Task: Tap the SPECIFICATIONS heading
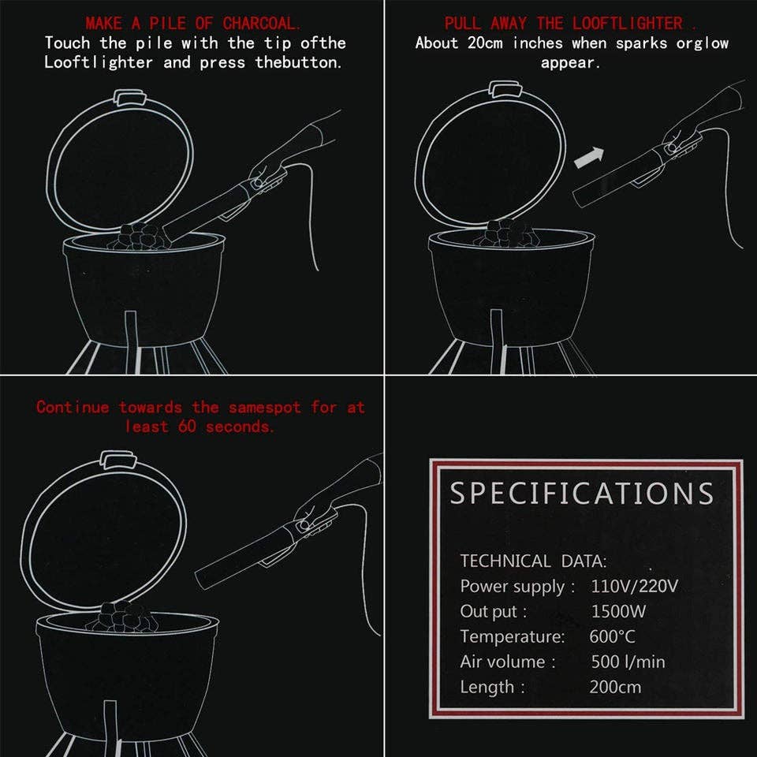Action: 581,494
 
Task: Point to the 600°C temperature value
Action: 612,636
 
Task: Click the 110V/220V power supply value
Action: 634,586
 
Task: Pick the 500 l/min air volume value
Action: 628,662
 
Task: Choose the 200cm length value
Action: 616,687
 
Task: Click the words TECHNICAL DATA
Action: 533,561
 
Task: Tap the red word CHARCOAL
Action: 261,23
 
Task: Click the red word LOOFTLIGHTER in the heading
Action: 628,23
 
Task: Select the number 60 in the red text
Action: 187,427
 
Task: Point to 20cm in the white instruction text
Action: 485,43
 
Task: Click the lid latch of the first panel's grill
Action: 129,98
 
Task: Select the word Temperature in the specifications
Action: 512,636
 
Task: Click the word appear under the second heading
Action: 570,63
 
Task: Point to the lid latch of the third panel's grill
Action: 119,459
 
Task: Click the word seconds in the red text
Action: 240,427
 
